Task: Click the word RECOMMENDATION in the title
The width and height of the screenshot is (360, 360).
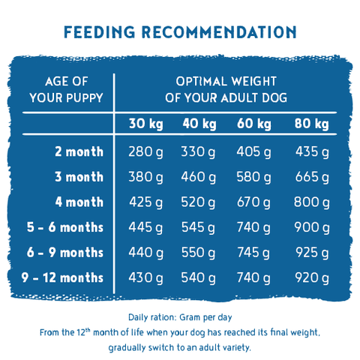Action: click(x=219, y=32)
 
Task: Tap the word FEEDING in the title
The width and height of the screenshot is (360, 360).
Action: click(x=100, y=32)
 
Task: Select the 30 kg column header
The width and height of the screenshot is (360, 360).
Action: click(x=146, y=124)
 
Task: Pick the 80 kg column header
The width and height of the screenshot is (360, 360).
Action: click(x=312, y=124)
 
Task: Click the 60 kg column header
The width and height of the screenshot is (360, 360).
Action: click(x=254, y=124)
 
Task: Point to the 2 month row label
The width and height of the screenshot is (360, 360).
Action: click(x=79, y=151)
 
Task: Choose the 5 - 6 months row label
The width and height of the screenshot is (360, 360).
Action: click(x=65, y=227)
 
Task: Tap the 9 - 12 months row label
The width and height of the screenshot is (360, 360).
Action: click(x=62, y=277)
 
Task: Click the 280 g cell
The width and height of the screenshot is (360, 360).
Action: click(x=145, y=152)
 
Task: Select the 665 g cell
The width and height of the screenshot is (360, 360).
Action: click(x=312, y=177)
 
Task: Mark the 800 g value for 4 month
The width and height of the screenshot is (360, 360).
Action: click(x=312, y=202)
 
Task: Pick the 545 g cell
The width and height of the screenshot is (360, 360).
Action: click(x=198, y=228)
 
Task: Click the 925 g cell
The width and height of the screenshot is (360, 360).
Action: click(x=312, y=253)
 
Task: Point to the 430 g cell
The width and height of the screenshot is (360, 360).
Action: click(x=145, y=278)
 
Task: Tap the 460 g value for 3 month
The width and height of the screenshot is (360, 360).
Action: click(x=199, y=177)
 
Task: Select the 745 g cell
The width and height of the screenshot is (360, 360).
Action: click(x=253, y=253)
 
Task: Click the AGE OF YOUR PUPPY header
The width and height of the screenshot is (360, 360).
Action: click(x=66, y=89)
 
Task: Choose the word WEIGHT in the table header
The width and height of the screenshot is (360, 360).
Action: click(x=253, y=82)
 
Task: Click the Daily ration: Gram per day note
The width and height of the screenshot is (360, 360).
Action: click(x=180, y=317)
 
